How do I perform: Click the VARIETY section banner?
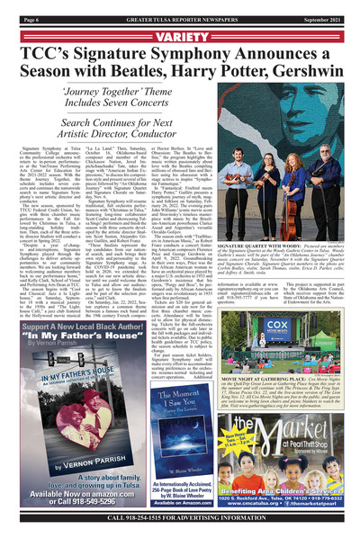pos(180,37)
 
